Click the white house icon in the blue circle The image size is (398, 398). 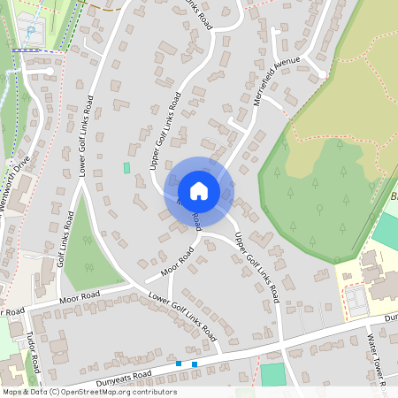[x=198, y=190]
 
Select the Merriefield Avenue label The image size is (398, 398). [x=277, y=82]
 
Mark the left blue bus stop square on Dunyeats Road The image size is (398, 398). [x=179, y=363]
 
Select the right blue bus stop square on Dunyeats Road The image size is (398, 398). [x=195, y=364]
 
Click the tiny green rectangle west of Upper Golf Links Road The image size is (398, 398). [x=126, y=167]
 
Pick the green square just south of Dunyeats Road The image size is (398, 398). [x=273, y=374]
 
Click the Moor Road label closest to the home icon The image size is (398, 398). [x=178, y=260]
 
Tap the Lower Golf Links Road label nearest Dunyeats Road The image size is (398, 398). [x=183, y=317]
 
